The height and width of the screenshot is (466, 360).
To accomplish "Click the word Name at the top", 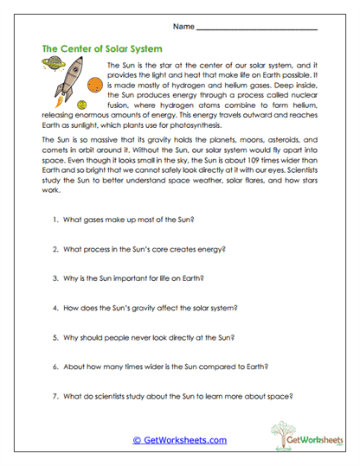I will coord(183,28).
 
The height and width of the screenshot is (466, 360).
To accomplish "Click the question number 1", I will coord(54,220).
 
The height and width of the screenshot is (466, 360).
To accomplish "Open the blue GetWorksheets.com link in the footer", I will coord(179,439).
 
